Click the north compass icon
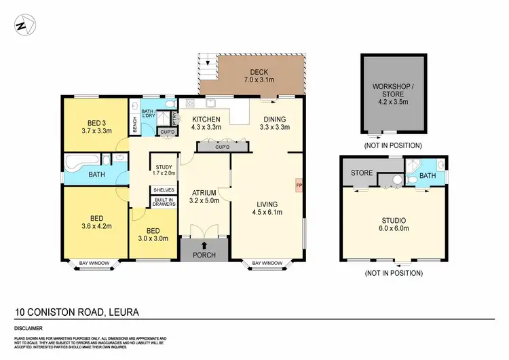click(24, 26)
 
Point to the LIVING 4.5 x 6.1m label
click(267, 206)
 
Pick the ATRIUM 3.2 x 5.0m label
click(203, 196)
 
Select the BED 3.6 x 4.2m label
click(96, 221)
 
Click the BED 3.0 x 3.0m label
click(153, 234)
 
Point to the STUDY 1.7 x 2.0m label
click(164, 170)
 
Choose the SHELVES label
click(164, 190)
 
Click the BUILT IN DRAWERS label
click(164, 201)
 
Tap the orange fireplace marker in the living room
click(298, 183)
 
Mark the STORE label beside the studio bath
click(361, 173)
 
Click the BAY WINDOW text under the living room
click(267, 263)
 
